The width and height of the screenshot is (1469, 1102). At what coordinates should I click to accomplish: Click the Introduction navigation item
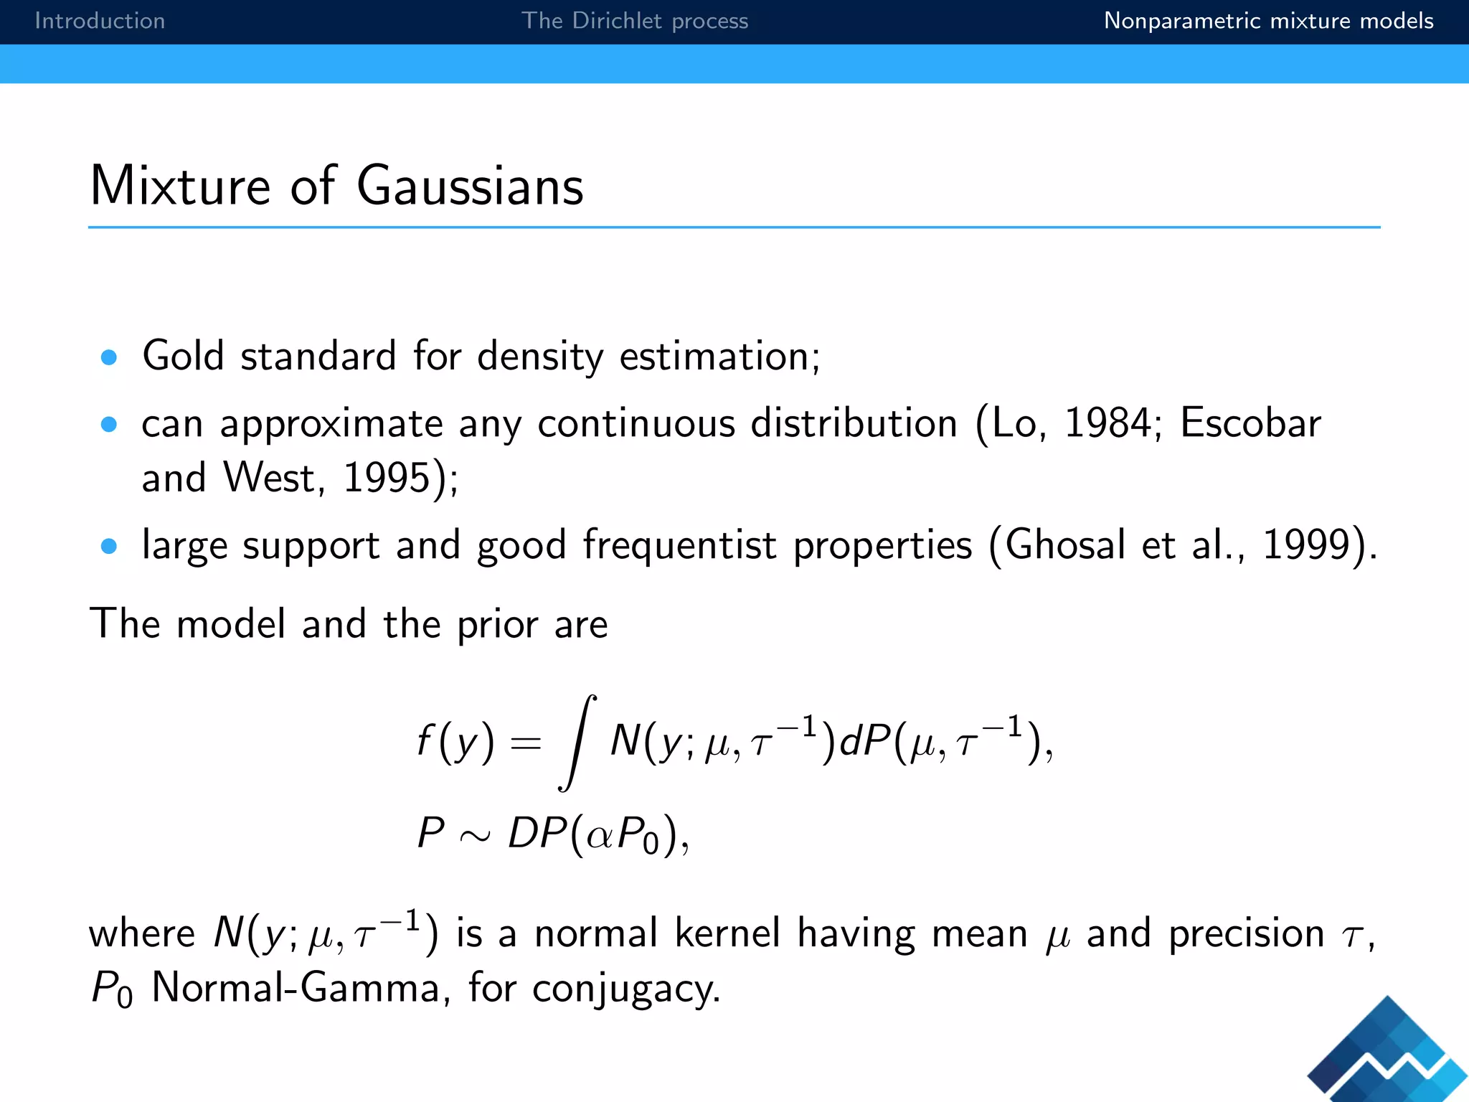(100, 21)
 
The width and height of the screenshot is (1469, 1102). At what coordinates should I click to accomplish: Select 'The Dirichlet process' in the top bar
(634, 21)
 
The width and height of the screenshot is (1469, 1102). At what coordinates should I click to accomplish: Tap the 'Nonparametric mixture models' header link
(1268, 21)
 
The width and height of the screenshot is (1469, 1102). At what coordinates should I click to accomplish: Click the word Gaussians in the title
(470, 186)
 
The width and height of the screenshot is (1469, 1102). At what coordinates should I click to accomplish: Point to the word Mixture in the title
(180, 186)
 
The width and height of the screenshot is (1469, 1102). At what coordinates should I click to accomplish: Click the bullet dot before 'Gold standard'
(109, 357)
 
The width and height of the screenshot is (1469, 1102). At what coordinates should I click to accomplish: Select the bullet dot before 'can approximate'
(109, 425)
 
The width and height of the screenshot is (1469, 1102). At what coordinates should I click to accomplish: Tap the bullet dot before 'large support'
(109, 547)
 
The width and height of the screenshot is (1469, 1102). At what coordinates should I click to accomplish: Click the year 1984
(1107, 423)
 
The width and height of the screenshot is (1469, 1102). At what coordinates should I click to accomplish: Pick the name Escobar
(1250, 423)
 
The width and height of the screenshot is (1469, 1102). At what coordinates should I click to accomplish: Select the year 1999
(1305, 545)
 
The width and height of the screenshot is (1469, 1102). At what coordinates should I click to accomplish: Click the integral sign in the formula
(577, 743)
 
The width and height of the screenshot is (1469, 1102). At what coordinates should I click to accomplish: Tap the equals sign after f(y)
(525, 743)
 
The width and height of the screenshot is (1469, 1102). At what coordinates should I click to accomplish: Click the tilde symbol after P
(475, 835)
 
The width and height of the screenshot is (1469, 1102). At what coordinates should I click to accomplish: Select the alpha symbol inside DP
(600, 835)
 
